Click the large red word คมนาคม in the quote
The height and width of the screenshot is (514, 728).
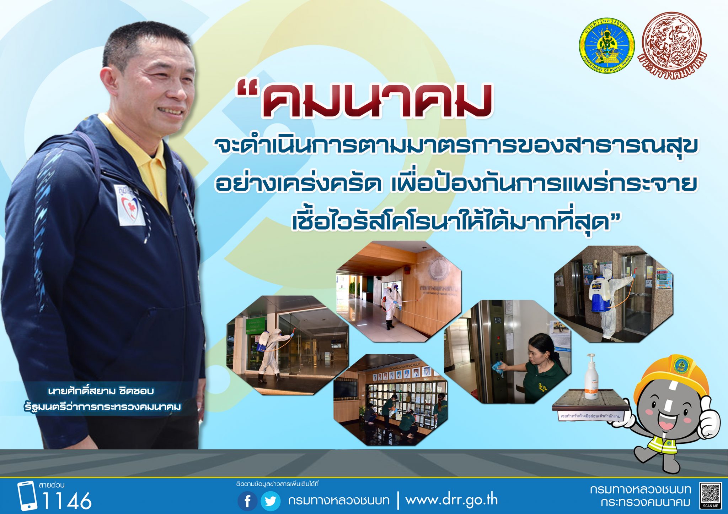377,101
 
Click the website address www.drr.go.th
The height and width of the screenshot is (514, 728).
451,500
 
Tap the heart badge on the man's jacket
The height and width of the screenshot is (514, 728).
130,206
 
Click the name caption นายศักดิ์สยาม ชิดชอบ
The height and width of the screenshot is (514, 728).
101,391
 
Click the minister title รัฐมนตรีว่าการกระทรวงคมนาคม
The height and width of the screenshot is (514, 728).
103,407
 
